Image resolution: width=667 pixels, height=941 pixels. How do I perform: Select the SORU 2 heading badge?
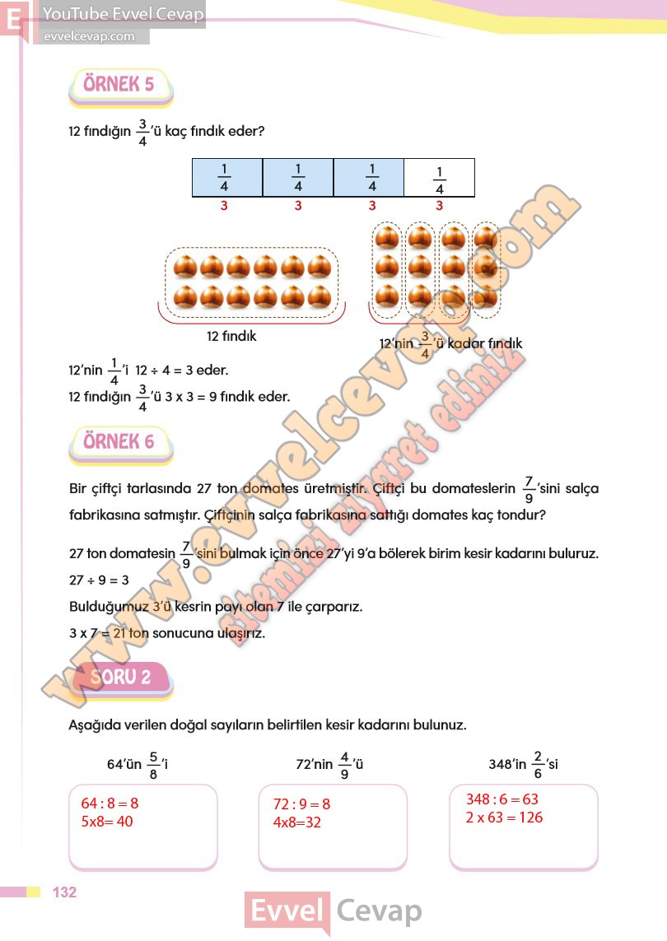(123, 678)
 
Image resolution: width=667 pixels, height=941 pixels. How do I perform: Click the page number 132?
(65, 892)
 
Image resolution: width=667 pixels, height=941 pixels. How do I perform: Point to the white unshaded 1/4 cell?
(439, 178)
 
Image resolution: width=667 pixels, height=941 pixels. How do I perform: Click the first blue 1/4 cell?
(226, 178)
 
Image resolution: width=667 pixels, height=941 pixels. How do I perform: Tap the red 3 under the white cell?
(439, 206)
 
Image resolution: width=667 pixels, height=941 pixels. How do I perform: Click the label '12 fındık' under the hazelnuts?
(231, 336)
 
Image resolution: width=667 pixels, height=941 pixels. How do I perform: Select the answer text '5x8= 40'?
(107, 822)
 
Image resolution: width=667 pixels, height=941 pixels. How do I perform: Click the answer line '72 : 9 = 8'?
(301, 804)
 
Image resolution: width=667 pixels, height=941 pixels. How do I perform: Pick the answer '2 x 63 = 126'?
(504, 818)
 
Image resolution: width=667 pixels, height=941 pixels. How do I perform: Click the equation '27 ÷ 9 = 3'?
(100, 580)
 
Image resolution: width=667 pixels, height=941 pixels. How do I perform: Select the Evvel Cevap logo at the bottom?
(333, 911)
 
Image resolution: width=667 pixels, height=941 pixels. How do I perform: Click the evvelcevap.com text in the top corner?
(88, 36)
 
